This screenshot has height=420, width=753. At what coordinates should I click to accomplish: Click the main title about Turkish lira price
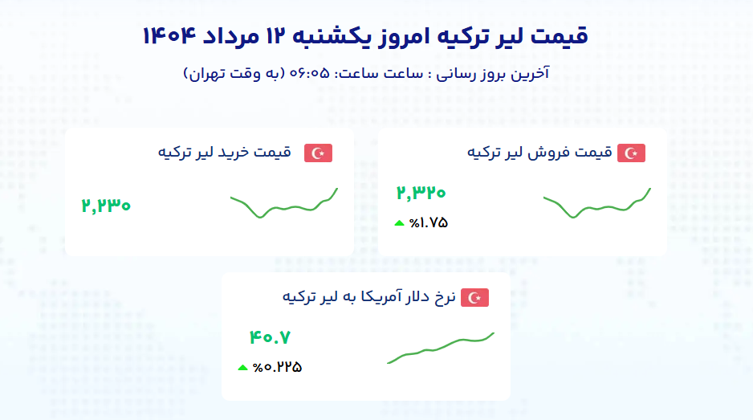pos(365,36)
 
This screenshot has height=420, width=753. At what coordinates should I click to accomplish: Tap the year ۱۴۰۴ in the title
pos(169,36)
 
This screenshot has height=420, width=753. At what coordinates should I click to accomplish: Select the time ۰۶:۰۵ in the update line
pos(309,74)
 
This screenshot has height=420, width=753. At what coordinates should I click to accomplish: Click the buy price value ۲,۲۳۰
pos(106,206)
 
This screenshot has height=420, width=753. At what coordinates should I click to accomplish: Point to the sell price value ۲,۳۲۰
pos(421,193)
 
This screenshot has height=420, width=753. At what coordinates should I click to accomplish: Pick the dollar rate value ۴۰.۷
pos(270,337)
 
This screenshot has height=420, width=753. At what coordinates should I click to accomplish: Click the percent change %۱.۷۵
pos(429,223)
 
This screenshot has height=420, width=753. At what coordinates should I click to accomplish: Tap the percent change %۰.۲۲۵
pos(277,368)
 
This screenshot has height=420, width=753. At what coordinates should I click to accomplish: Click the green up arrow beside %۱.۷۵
pos(399,223)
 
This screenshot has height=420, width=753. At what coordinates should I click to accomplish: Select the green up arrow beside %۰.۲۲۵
pos(242,368)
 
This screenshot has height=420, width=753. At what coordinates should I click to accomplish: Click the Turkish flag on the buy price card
pos(318,153)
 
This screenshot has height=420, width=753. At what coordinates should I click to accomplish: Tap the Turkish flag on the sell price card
pos(631,153)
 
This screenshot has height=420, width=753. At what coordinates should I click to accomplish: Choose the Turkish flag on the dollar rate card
pos(474,298)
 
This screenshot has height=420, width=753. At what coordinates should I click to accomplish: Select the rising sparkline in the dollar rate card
pos(441,347)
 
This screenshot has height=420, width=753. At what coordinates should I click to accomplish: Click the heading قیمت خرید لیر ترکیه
pos(225,153)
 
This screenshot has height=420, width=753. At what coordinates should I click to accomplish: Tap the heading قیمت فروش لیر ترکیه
pos(539,153)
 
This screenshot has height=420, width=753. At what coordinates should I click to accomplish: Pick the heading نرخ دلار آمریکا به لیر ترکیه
pos(368,297)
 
